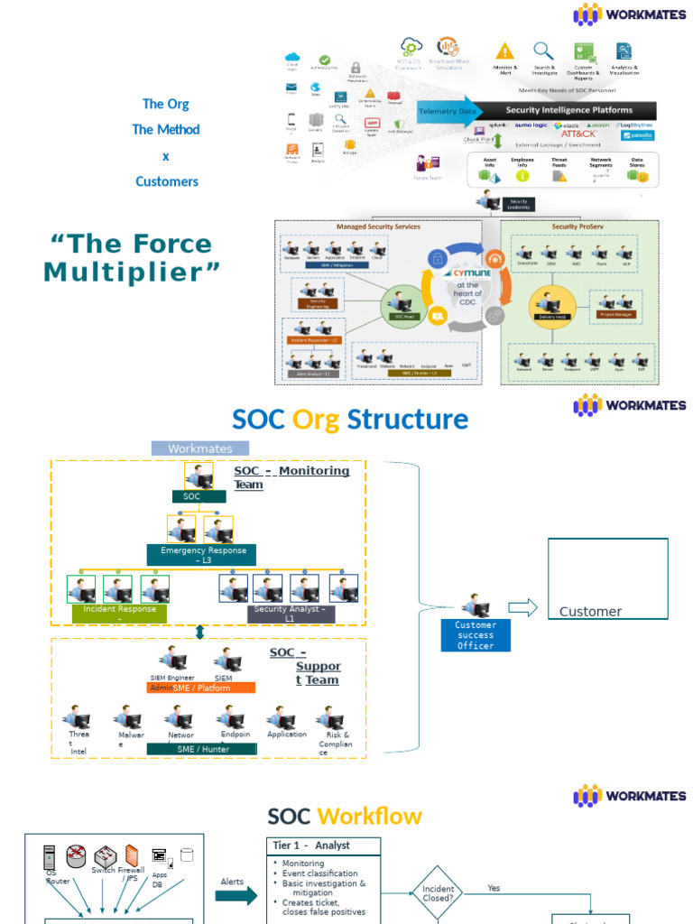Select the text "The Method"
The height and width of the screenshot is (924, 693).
tap(166, 129)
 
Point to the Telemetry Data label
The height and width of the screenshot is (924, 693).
tap(447, 111)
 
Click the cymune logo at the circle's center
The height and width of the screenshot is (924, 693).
tap(467, 271)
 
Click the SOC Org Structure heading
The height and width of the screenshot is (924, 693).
tap(350, 420)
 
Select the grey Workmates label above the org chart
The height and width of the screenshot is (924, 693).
tap(200, 448)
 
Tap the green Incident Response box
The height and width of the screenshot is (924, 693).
tap(119, 614)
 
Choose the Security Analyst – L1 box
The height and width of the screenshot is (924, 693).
tap(290, 614)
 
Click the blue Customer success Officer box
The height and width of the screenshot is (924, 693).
tap(475, 635)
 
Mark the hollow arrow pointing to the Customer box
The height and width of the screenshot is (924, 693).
tap(522, 607)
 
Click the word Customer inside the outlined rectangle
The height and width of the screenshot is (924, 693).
tap(590, 612)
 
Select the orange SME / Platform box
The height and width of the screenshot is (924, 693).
tap(200, 688)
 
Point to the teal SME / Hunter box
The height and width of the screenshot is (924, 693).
tap(202, 749)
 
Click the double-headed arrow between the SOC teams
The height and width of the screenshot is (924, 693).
tap(200, 633)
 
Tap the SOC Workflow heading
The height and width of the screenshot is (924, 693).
tap(345, 817)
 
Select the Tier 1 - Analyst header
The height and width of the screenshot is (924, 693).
tap(325, 845)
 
